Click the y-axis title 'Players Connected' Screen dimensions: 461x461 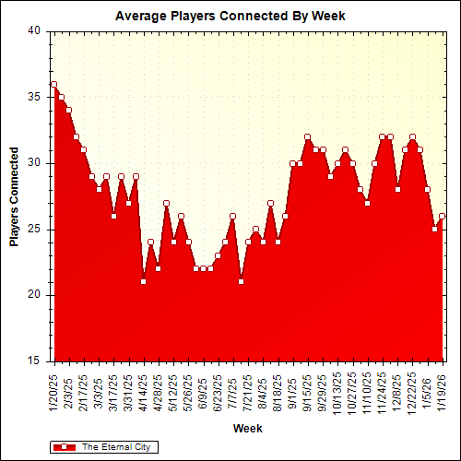(x=15, y=195)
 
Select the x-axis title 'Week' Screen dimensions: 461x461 (x=246, y=429)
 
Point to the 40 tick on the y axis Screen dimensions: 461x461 (x=34, y=30)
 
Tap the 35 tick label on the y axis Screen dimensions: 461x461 (x=34, y=97)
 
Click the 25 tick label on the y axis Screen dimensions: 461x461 (x=34, y=229)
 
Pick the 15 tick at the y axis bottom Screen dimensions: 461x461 (x=34, y=361)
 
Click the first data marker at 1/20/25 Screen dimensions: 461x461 (x=53, y=84)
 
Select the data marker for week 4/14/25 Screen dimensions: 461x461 (x=143, y=281)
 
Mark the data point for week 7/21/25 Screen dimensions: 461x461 (x=241, y=281)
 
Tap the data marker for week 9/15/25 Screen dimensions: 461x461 (x=307, y=136)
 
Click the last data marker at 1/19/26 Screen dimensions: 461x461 (x=442, y=216)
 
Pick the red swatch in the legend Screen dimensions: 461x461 (x=65, y=446)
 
